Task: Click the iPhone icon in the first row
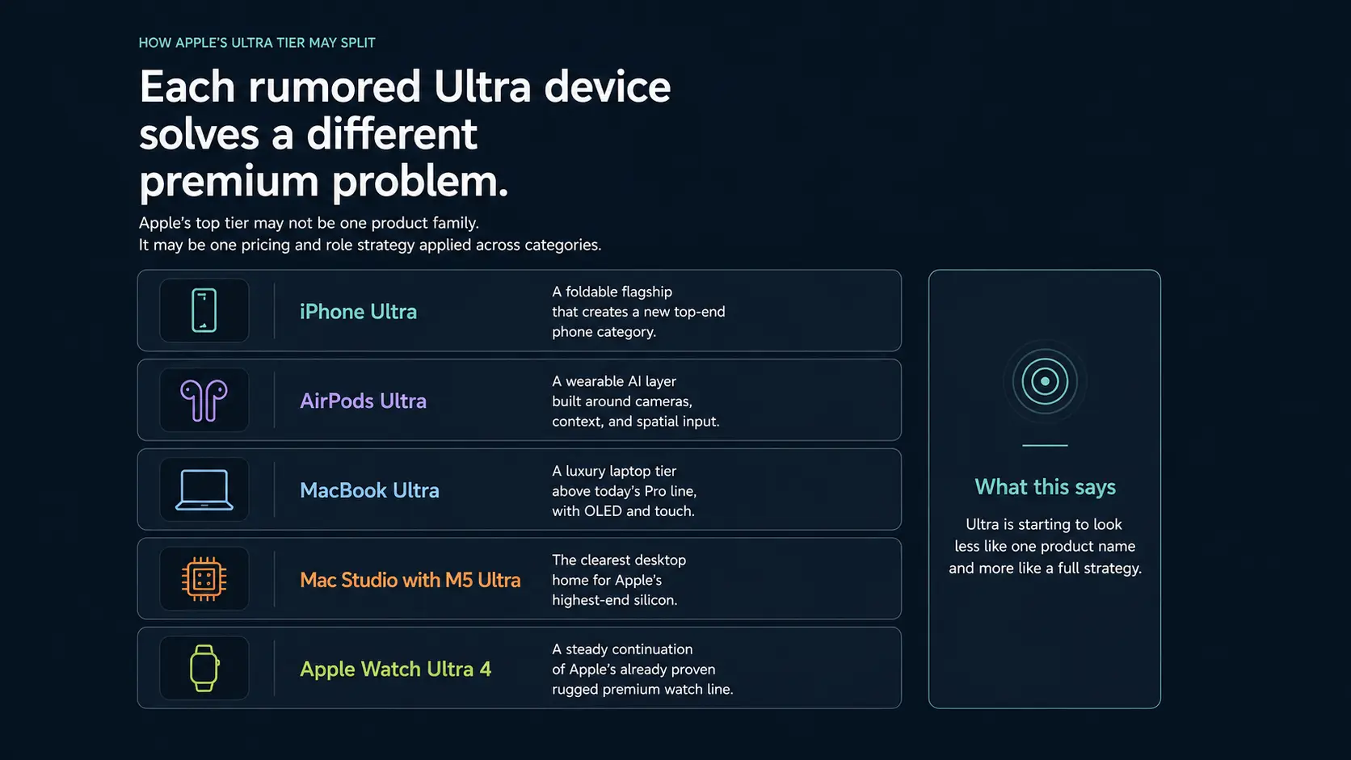[x=204, y=310]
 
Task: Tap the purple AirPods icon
[x=204, y=400]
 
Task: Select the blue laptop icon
[x=204, y=489]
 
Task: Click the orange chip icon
[x=204, y=579]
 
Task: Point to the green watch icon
[x=204, y=668]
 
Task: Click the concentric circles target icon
[x=1045, y=381]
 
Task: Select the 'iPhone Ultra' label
[x=358, y=312]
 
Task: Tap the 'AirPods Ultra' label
[x=363, y=401]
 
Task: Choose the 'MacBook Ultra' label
[x=369, y=490]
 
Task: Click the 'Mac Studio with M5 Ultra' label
[x=410, y=580]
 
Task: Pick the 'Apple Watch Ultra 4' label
[x=395, y=670]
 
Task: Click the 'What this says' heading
[x=1045, y=487]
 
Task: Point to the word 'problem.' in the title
[x=420, y=182]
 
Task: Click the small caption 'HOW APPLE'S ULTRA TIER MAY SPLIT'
[x=257, y=43]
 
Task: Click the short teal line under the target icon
[x=1045, y=445]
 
